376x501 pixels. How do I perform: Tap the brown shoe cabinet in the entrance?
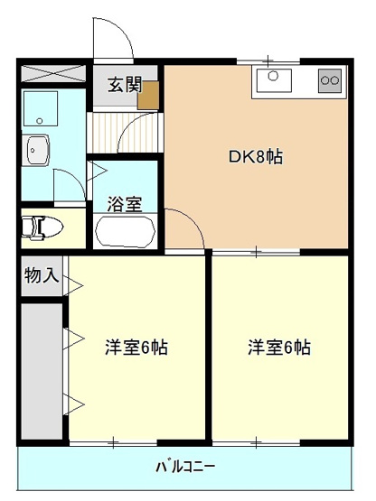point(148,95)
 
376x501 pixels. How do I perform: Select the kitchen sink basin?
point(274,82)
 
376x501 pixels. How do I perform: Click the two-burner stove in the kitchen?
point(329,82)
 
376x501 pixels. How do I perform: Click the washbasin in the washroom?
point(38,149)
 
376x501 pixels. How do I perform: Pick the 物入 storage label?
point(41,276)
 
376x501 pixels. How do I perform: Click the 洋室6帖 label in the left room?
point(136,347)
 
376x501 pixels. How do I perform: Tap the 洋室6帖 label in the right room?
point(279,347)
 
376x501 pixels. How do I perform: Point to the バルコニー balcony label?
point(184,467)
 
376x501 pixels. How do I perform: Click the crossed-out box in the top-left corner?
point(53,73)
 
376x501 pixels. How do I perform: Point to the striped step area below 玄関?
point(125,124)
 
